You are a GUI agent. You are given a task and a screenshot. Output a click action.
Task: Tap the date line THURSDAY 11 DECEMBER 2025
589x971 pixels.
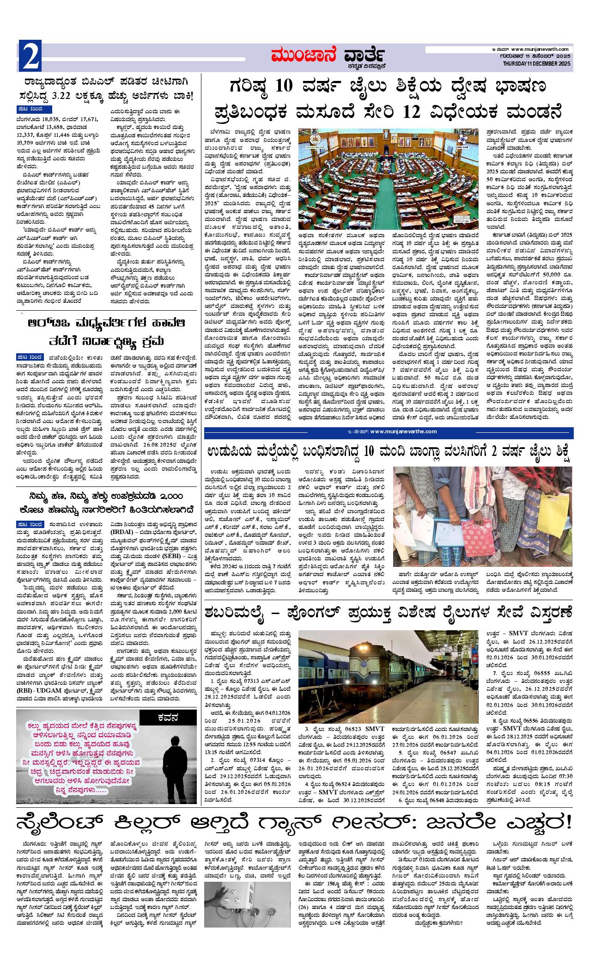click(x=537, y=63)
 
